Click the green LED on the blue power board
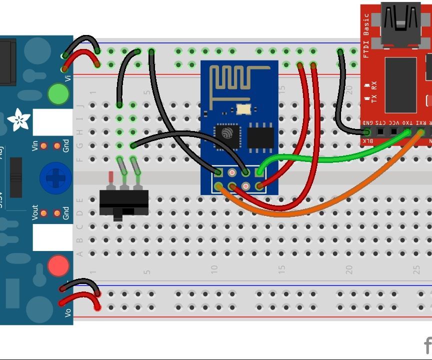58,93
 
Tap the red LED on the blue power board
58,265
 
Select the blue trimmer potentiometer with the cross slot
53,177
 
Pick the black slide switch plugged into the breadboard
123,202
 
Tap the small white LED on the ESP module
243,108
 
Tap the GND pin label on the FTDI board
367,123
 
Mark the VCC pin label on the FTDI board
394,123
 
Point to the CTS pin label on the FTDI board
381,123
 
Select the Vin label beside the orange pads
35,146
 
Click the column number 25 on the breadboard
416,270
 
